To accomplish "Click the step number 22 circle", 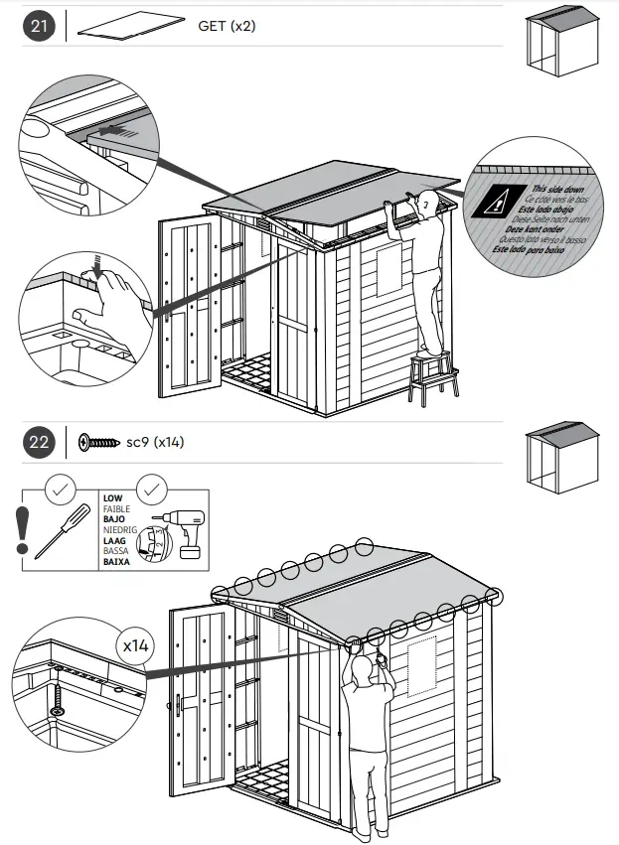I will coord(39,442).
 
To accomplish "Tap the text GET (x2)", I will coord(227,26).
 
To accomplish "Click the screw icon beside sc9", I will coord(98,442).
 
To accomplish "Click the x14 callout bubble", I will coord(134,646).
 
